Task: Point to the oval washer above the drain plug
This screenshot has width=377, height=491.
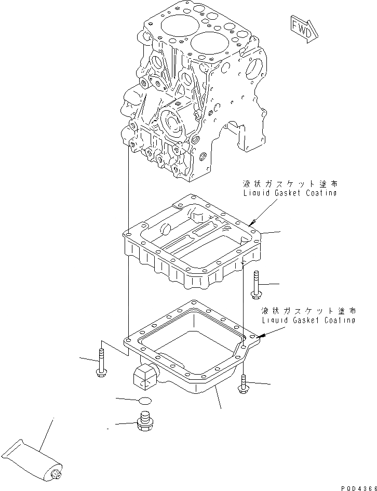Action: click(145, 400)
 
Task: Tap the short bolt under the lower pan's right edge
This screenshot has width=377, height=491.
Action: click(243, 384)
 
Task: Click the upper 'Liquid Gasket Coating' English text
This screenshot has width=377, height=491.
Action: click(290, 193)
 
